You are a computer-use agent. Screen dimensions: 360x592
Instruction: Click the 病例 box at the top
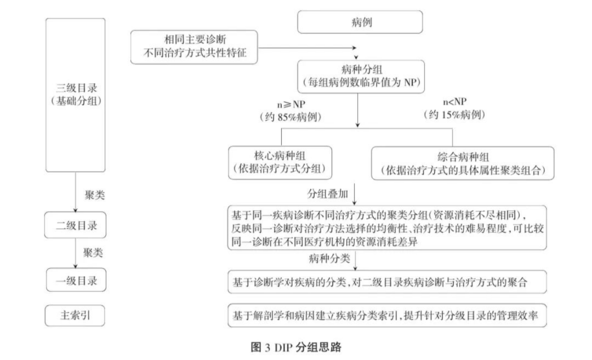click(360, 22)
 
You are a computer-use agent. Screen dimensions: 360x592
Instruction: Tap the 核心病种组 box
click(281, 163)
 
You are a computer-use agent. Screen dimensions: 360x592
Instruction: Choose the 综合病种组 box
click(463, 163)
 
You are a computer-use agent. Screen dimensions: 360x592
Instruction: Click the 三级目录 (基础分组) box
click(75, 94)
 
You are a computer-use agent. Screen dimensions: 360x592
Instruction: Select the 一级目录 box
click(75, 281)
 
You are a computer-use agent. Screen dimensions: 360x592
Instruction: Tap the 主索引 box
click(75, 316)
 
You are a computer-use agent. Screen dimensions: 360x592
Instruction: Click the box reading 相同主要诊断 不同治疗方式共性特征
click(194, 47)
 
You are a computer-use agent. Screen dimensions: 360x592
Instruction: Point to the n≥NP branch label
click(291, 104)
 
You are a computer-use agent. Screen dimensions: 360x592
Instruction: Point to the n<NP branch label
click(454, 102)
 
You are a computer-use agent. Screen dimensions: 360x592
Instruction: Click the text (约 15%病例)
click(454, 116)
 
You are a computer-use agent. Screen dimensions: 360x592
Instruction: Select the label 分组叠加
click(327, 194)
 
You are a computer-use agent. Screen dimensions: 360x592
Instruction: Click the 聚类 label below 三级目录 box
click(94, 195)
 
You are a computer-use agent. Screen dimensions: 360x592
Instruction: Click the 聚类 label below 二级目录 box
click(93, 253)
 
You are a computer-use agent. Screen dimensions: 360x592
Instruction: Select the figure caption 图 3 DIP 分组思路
click(297, 347)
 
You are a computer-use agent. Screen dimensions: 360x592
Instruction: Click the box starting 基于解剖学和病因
click(387, 316)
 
